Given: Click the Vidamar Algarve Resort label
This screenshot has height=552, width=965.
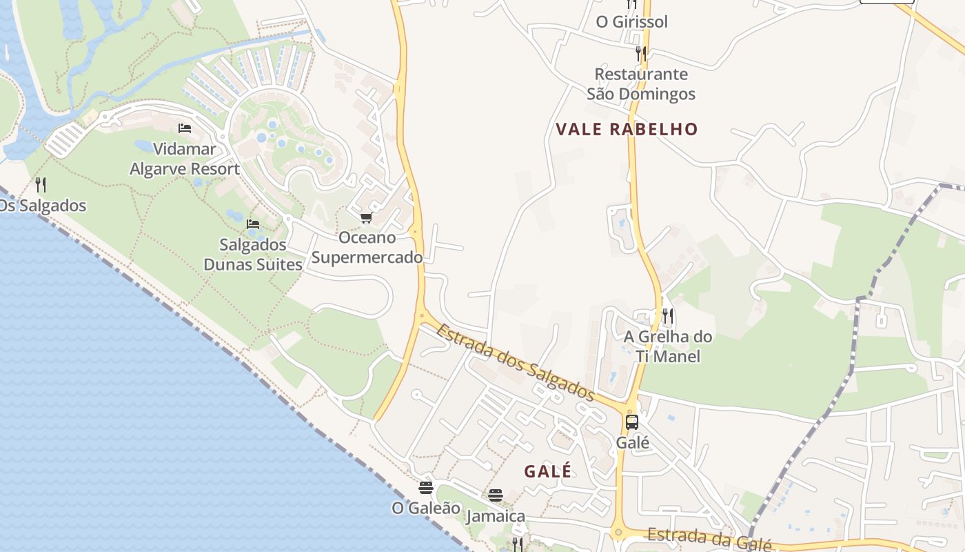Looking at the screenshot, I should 185,159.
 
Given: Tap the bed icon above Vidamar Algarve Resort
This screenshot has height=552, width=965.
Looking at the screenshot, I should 185,128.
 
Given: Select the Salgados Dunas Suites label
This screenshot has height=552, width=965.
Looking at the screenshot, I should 253,255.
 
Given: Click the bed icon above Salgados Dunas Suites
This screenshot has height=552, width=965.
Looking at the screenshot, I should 253,224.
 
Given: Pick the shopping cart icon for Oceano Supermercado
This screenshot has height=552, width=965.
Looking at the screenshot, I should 366,218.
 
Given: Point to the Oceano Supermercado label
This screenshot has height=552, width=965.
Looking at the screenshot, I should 367,248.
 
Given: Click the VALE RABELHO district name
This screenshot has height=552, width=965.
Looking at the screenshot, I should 627,129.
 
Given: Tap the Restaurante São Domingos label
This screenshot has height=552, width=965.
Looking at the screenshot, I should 641,83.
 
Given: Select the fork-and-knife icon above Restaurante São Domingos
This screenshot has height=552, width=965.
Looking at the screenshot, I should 641,52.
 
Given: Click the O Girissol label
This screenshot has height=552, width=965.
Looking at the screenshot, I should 632,22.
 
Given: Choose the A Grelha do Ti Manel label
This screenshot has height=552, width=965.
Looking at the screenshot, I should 668,346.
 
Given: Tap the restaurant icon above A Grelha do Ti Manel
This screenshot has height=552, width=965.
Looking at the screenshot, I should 667,316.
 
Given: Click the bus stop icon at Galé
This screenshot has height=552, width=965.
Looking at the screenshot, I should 632,422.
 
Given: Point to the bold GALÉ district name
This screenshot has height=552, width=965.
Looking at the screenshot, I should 548,471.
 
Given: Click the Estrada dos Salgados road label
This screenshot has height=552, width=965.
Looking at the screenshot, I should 515,362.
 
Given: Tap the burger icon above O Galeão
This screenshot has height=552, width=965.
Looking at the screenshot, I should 426,488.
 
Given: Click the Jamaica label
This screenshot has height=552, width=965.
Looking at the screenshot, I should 496,516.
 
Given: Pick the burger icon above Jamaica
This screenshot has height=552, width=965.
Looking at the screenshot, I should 496,495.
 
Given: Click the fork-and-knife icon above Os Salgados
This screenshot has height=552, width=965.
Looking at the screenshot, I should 41,185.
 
